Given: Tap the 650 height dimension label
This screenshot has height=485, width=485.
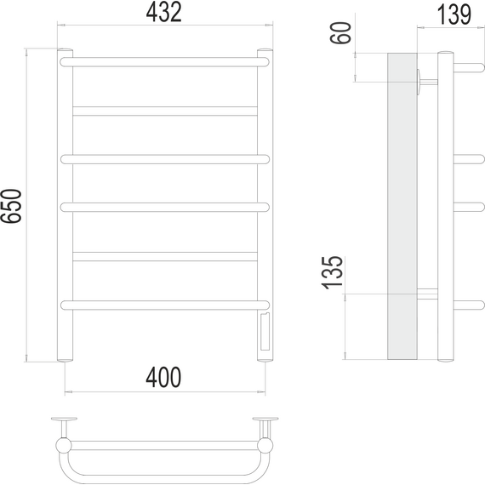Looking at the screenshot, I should pos(12,206).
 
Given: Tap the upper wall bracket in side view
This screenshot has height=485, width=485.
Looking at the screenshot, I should pos(422,82).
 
